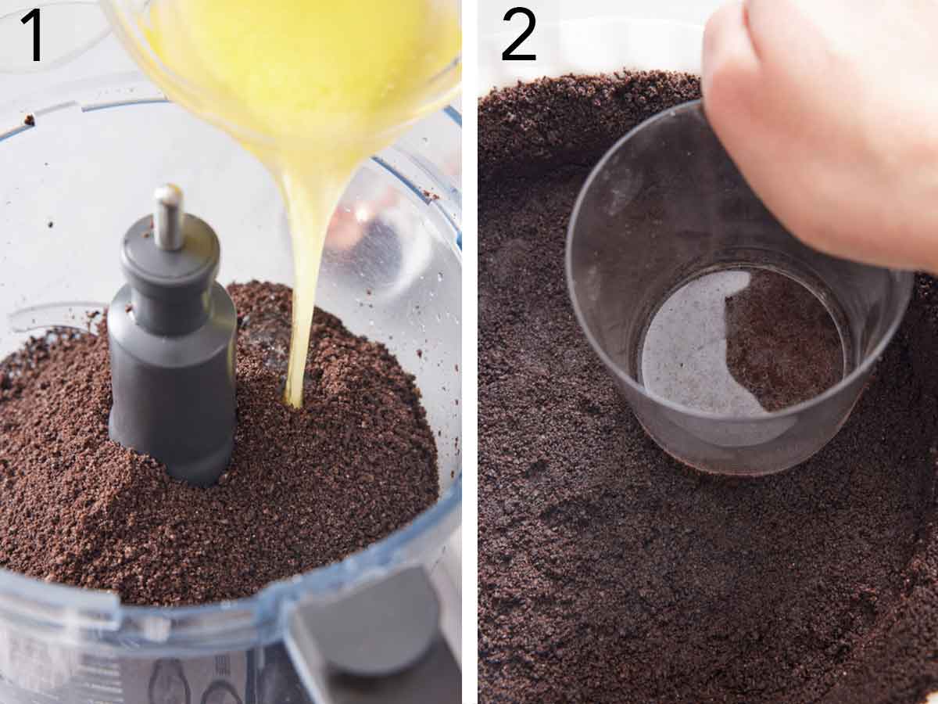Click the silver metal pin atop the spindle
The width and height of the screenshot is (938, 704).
click(167, 215)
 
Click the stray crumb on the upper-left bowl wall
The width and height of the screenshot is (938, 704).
click(29, 120)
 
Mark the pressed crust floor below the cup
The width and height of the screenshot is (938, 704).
click(703, 563)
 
